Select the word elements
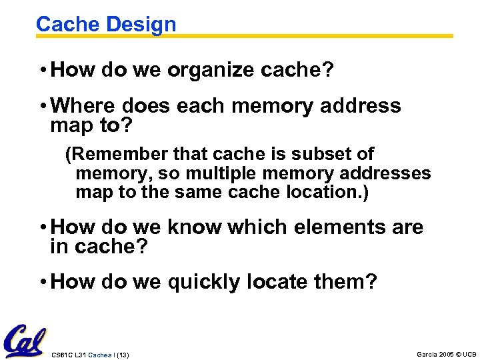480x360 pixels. click(x=331, y=227)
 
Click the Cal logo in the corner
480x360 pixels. click(x=25, y=341)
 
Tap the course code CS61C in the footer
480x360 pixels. click(x=60, y=354)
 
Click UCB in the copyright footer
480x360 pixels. click(x=470, y=353)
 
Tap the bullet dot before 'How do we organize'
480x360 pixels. click(x=42, y=71)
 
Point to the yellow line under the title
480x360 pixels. click(x=313, y=36)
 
